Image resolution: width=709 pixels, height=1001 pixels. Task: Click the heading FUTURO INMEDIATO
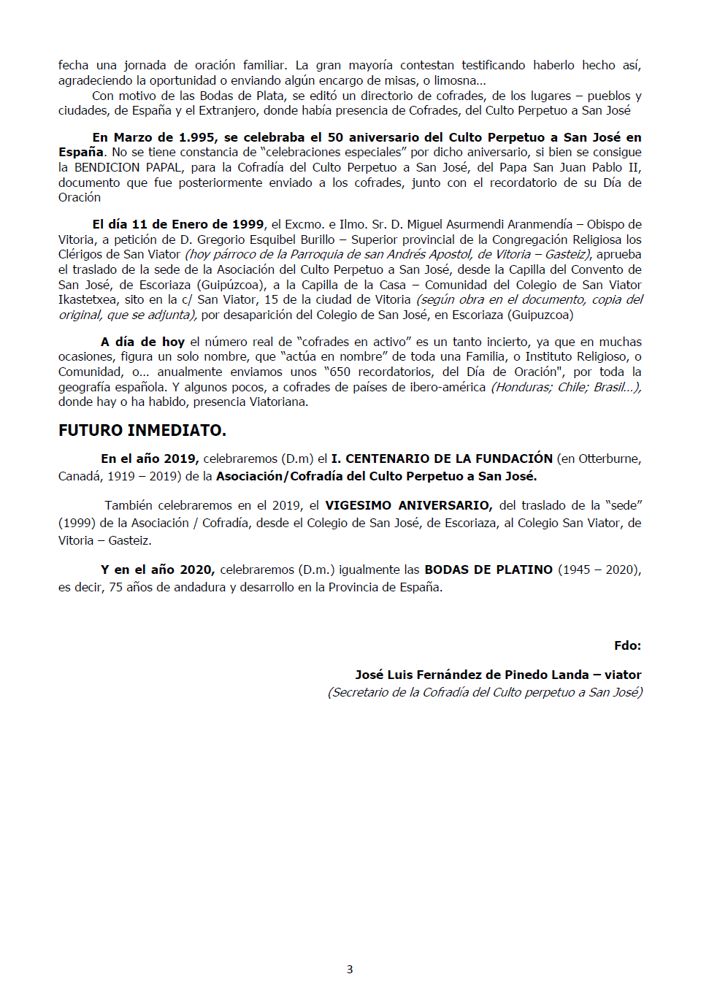point(142,431)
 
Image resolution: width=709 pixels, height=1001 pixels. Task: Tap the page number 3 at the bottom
point(350,970)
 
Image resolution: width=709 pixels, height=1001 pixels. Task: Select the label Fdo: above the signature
point(627,645)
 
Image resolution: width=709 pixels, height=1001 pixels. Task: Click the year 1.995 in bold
point(196,137)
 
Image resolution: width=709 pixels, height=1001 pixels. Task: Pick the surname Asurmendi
point(456,224)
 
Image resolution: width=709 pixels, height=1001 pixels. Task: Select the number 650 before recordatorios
point(340,372)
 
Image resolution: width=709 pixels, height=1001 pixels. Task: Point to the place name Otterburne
point(609,459)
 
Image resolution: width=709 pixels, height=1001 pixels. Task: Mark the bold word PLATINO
point(525,569)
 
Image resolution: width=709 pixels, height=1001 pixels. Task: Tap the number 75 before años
point(115,587)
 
